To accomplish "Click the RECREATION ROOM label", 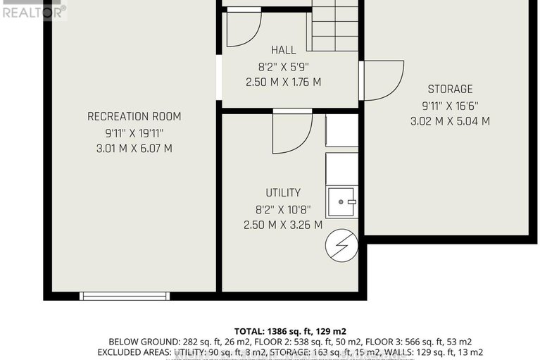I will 134,116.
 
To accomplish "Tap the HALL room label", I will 283,50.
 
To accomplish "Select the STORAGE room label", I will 450,89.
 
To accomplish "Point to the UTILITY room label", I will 283,192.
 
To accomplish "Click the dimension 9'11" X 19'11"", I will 134,132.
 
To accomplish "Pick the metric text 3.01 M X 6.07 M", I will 134,149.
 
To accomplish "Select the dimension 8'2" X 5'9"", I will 283,66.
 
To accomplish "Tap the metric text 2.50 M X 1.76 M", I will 283,82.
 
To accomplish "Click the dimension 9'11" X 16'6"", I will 450,105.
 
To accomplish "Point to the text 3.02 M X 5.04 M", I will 450,121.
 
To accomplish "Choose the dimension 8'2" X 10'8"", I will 283,209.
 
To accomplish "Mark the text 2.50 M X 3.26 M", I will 283,225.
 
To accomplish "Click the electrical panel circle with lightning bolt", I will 341,245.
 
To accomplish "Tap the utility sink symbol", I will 342,202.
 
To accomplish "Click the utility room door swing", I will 292,132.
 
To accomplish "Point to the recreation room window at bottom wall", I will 124,296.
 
